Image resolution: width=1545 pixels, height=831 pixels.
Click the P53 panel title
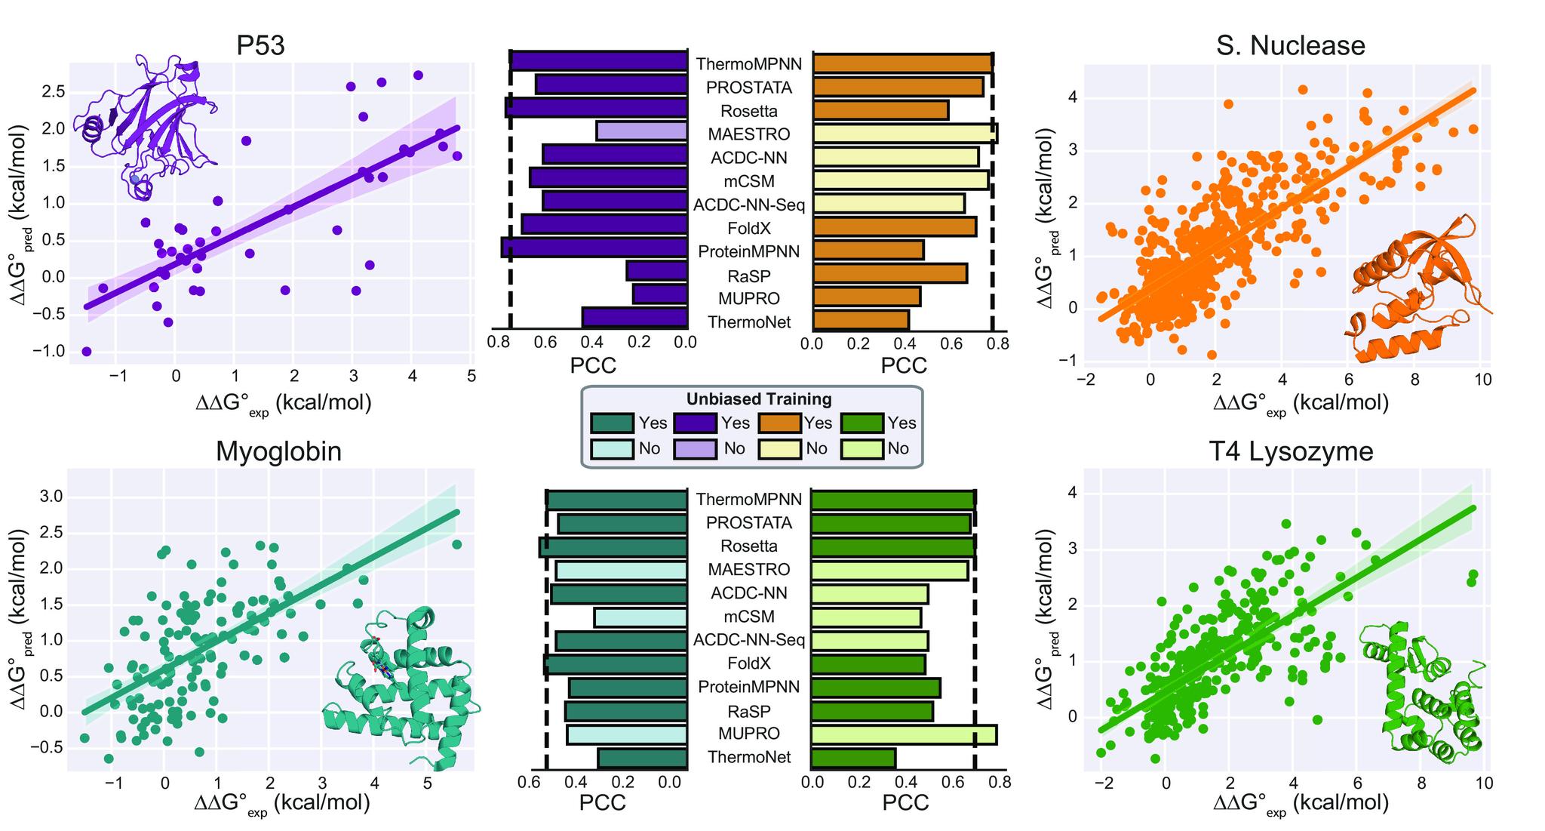[x=260, y=46]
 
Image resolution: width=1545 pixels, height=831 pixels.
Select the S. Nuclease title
[x=1290, y=46]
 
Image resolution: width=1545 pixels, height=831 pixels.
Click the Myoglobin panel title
[x=278, y=451]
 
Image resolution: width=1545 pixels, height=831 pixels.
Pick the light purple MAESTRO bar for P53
[x=641, y=131]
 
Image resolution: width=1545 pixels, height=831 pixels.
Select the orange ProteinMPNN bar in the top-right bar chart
[x=868, y=251]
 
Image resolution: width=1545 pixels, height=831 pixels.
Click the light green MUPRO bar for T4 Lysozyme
[x=903, y=734]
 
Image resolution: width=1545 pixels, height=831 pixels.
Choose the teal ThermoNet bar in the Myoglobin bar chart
[x=642, y=758]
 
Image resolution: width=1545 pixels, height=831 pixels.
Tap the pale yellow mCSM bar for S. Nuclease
[x=900, y=180]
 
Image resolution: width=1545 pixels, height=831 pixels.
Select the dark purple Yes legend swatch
[x=694, y=423]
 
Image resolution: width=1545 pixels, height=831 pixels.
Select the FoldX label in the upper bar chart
[x=749, y=228]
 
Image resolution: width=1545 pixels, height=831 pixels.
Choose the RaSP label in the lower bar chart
[x=748, y=711]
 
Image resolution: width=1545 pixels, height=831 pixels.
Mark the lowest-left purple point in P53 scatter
[x=87, y=352]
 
